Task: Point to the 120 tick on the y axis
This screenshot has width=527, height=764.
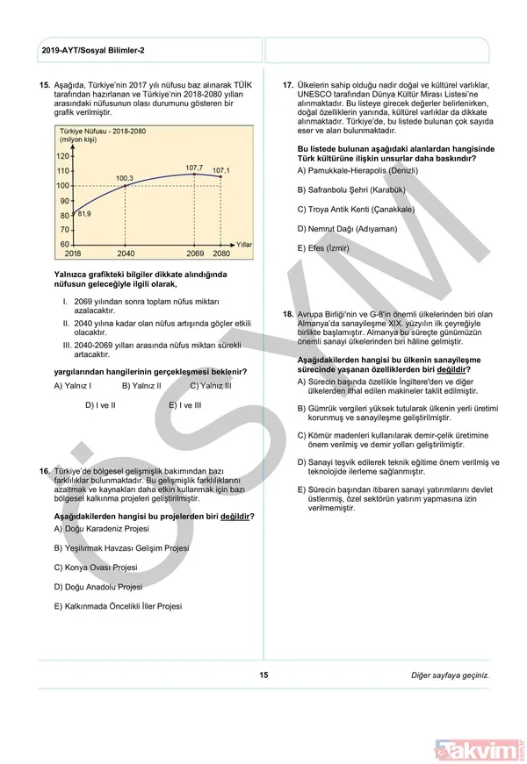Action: click(62, 156)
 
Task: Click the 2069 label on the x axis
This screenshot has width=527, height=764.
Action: click(194, 253)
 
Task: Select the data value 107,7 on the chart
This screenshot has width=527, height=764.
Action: click(194, 167)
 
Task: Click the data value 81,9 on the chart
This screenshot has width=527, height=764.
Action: click(84, 213)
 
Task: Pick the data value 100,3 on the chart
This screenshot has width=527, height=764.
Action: click(125, 178)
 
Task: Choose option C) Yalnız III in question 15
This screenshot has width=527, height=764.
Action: click(211, 385)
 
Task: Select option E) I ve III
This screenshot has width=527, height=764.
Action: click(184, 405)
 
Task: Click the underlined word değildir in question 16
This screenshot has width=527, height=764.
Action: click(235, 516)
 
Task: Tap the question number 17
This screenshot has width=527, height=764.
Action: click(286, 85)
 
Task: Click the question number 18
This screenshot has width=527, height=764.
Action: click(286, 314)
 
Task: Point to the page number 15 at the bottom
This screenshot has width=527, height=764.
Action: click(263, 675)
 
